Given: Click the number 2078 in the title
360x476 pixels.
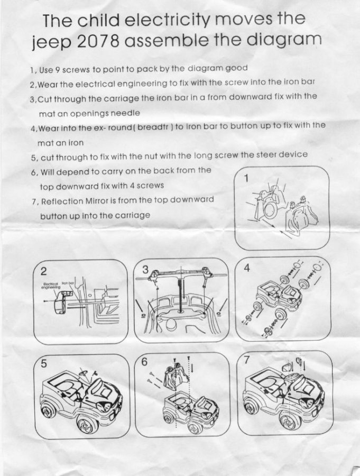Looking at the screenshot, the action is (98, 42).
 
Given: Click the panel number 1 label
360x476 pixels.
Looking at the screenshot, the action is (246, 179).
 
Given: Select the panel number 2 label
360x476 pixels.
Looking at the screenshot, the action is (44, 270).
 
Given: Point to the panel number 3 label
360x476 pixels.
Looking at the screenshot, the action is (146, 270).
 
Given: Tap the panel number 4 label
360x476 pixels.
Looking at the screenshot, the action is (247, 268).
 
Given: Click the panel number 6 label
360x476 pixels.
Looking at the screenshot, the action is (144, 362).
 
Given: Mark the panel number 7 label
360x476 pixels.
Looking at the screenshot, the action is (247, 360).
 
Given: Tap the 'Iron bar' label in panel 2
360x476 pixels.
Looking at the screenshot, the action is (68, 283).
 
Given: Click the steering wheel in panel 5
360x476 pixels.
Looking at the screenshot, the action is (83, 372).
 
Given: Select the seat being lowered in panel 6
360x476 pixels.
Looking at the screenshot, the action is (176, 377).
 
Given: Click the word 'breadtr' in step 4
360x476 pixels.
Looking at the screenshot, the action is (155, 126).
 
